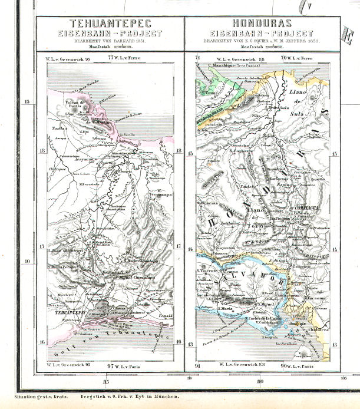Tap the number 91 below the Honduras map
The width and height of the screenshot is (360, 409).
point(197,366)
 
